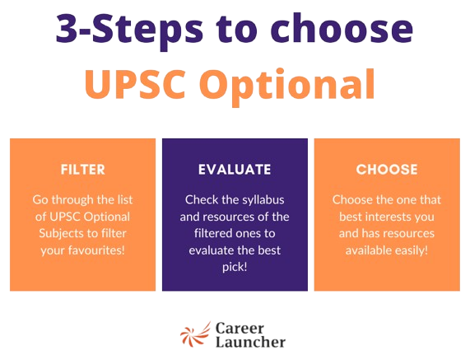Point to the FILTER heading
(83, 171)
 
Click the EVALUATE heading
(235, 171)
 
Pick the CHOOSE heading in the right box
(387, 171)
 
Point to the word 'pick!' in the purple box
(235, 266)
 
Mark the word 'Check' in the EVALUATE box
(202, 200)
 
